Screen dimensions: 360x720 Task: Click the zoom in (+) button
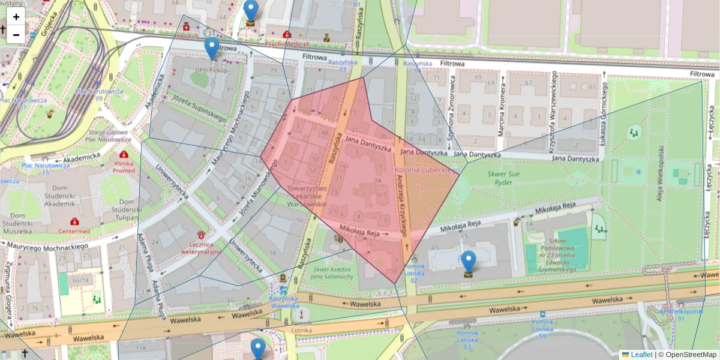click(x=16, y=17)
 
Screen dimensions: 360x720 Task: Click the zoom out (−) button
click(x=16, y=35)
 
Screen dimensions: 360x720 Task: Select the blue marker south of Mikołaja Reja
click(x=468, y=263)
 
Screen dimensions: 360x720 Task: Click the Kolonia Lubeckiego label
click(x=427, y=170)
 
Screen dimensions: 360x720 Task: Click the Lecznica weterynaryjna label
click(x=200, y=248)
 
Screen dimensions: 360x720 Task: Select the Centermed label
click(x=74, y=231)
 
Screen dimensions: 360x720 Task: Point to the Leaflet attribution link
click(x=641, y=355)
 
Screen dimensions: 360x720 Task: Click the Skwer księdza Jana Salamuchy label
click(x=328, y=273)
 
